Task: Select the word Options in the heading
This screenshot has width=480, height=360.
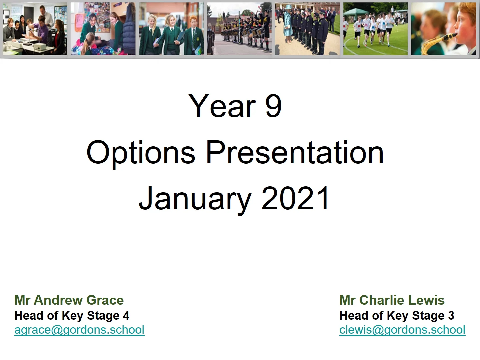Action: click(x=141, y=152)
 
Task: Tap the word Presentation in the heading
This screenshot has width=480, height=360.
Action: click(x=295, y=152)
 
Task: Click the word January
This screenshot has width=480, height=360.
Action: click(x=195, y=199)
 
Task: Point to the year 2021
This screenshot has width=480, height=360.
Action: click(x=295, y=199)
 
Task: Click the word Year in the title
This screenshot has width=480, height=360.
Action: click(x=222, y=106)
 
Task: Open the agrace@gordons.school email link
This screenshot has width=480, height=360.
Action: click(x=79, y=330)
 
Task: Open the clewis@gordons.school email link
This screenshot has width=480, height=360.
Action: click(x=402, y=330)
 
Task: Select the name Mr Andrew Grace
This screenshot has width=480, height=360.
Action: click(x=69, y=300)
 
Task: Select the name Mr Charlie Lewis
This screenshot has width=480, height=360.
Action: click(x=392, y=300)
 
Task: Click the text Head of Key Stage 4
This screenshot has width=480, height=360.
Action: click(x=72, y=315)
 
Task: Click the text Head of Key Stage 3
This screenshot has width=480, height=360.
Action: click(x=397, y=315)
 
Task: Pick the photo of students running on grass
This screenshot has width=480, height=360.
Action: click(x=375, y=29)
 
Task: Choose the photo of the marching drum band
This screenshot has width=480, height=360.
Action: click(x=239, y=29)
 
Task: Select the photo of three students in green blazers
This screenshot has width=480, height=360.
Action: click(x=171, y=29)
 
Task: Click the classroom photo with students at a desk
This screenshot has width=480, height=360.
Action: click(x=35, y=29)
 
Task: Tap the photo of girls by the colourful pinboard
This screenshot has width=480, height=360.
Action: click(x=103, y=29)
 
